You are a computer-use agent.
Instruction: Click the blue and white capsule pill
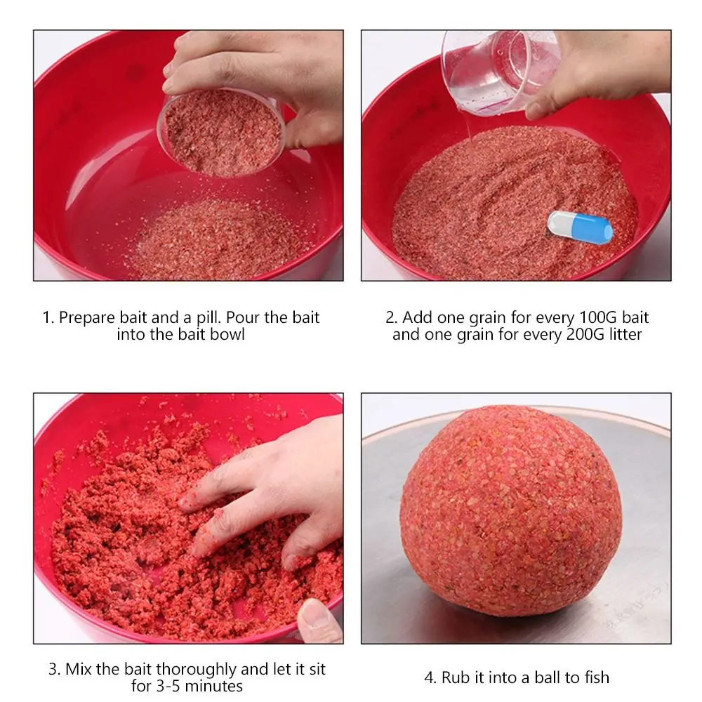tap(581, 228)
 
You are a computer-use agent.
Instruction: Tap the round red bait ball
tap(510, 510)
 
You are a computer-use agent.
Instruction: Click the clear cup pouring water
tap(499, 72)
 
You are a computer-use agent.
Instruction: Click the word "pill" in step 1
tap(208, 317)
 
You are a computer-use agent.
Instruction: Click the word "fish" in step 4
tap(597, 677)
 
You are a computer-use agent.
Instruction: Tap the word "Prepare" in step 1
tap(87, 318)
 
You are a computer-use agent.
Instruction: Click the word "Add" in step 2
tap(417, 317)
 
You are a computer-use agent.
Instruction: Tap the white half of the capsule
tap(558, 224)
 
